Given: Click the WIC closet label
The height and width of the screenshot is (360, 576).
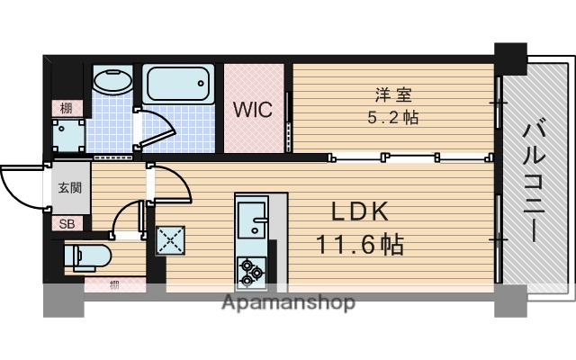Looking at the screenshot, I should [x=253, y=110].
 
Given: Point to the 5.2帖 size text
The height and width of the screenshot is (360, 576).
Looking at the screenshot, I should [x=392, y=117].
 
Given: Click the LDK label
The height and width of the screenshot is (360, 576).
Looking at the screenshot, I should [x=359, y=213].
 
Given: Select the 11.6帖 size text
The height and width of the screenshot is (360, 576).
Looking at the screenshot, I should [x=358, y=244].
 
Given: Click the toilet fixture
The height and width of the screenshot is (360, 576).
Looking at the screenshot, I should [x=87, y=256].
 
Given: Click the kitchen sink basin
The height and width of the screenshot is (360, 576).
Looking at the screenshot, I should [x=249, y=218].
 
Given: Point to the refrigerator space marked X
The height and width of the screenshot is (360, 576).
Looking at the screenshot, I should [x=170, y=238].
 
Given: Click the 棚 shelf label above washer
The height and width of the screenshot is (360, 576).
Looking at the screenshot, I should [x=67, y=108].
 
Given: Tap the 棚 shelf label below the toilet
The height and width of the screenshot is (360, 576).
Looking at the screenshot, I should [x=114, y=285].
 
